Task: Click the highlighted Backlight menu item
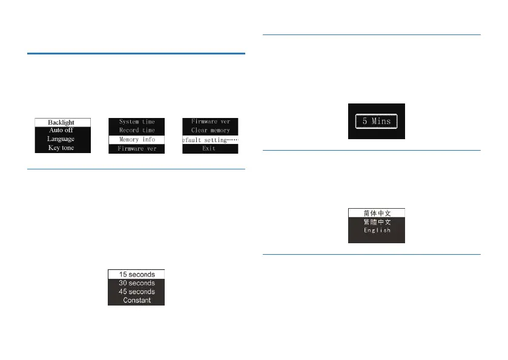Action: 62,122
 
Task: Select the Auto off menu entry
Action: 62,130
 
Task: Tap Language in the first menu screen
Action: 62,139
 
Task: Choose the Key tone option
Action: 62,148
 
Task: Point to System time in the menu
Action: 137,122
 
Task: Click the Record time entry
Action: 137,130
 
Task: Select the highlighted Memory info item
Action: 137,139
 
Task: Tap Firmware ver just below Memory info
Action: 137,148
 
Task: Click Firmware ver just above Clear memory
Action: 210,122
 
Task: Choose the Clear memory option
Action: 210,130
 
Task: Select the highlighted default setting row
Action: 210,140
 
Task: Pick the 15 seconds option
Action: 136,274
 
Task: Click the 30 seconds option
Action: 136,283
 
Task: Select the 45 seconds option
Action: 136,292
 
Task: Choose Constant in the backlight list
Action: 136,300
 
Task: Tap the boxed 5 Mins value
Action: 376,121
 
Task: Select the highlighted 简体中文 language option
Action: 376,213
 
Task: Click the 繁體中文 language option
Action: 376,222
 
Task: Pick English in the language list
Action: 376,231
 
